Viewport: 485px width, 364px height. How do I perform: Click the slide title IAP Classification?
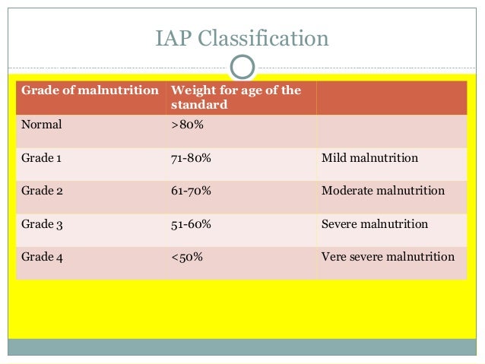[x=242, y=39]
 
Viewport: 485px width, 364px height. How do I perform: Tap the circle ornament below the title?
[x=242, y=67]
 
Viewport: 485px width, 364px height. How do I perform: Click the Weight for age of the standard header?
[x=236, y=97]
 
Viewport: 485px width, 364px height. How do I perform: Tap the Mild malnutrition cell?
[x=369, y=158]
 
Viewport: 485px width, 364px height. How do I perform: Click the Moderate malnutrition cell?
[x=382, y=191]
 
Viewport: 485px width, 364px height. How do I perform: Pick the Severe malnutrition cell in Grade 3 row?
[x=374, y=224]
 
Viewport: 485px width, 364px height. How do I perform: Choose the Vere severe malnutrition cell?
[x=388, y=257]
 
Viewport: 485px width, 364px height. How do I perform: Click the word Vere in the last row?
[x=334, y=257]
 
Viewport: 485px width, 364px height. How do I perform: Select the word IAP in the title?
[x=173, y=39]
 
